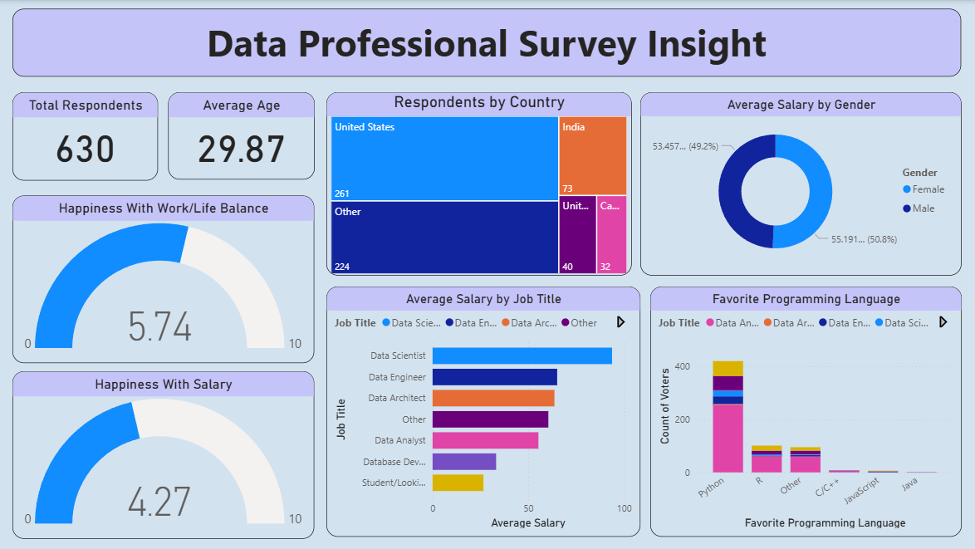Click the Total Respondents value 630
click(x=85, y=150)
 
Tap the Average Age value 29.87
click(x=241, y=150)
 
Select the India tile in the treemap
click(x=592, y=155)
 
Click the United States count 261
click(x=341, y=194)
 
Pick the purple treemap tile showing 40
click(x=576, y=235)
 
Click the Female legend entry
click(x=928, y=189)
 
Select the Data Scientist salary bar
click(x=522, y=355)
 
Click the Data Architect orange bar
click(x=493, y=398)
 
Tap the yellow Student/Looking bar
click(x=458, y=483)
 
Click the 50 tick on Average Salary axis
click(x=528, y=508)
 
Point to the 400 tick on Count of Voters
click(x=682, y=366)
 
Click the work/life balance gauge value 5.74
click(x=159, y=326)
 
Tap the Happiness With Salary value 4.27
click(x=159, y=502)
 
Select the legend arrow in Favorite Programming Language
click(x=943, y=322)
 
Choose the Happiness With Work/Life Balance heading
click(x=164, y=208)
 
